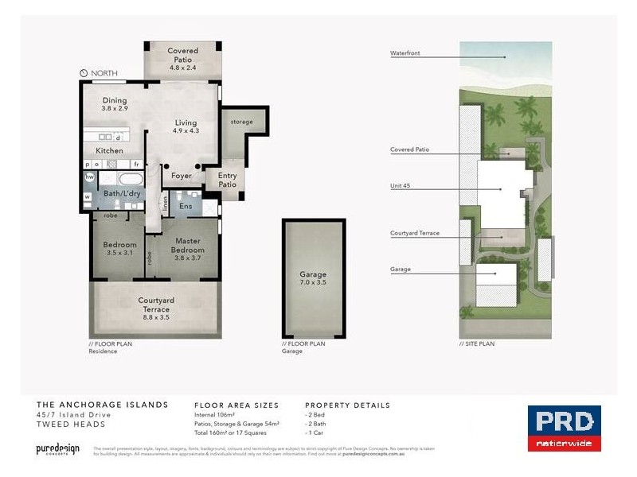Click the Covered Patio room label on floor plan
pos(182,60)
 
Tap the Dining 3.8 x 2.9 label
pos(115,103)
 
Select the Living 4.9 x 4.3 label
pos(186,126)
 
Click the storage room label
pos(241,122)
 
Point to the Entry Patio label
pos(228,180)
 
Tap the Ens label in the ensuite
pos(185,205)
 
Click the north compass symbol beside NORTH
pos(84,73)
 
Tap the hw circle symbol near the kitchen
pos(90,177)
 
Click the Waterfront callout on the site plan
pos(405,54)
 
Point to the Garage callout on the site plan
pos(401,270)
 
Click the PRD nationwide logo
pos(565,429)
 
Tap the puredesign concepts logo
pos(58,449)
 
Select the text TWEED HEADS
pos(62,424)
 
